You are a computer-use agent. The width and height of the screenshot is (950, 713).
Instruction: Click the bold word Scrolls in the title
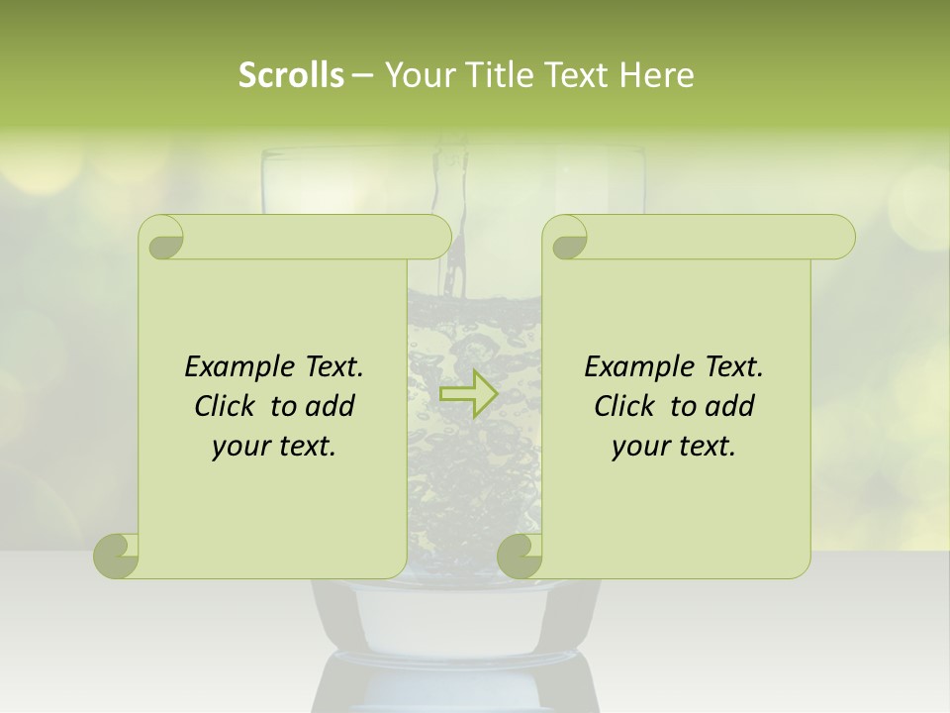292,75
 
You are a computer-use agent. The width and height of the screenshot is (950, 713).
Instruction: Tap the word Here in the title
656,75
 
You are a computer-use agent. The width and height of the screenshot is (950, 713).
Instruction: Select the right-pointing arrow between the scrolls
468,394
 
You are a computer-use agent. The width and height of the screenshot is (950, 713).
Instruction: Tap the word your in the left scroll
239,447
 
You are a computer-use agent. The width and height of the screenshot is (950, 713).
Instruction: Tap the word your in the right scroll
639,447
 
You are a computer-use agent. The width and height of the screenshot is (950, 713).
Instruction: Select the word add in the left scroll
331,406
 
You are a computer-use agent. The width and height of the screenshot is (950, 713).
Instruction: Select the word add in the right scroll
730,406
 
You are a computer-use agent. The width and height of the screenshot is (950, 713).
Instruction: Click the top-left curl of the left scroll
162,239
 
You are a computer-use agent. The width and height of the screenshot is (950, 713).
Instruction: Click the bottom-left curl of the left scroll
117,556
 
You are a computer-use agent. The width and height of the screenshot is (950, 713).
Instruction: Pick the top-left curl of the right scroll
566,239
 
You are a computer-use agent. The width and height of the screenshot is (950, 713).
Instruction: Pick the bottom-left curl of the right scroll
520,556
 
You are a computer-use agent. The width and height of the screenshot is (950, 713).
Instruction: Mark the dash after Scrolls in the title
362,75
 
